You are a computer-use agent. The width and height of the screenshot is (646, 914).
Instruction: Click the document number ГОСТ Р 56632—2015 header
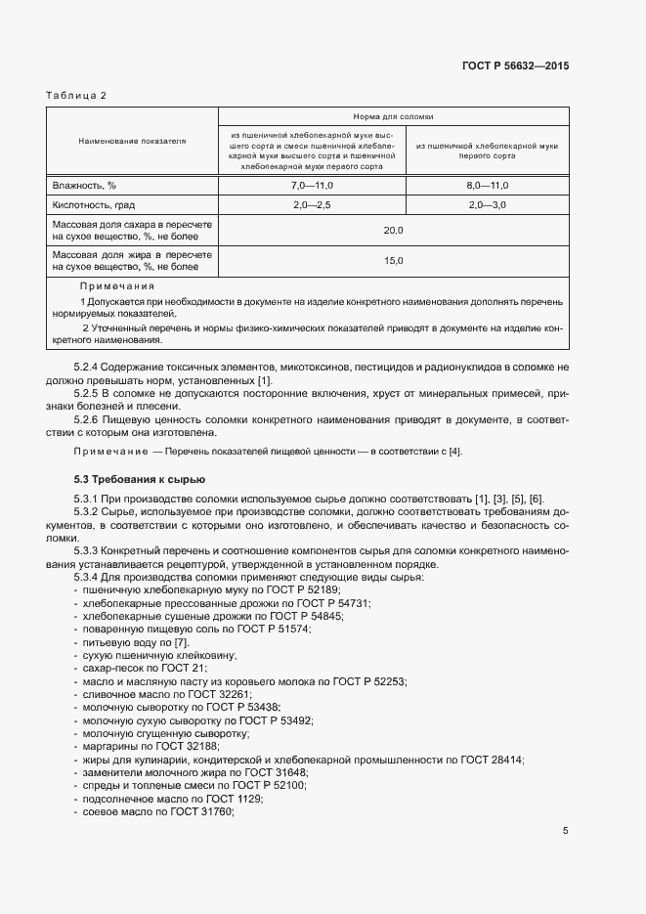click(515, 65)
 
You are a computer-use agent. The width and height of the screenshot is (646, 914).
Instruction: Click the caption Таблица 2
click(76, 95)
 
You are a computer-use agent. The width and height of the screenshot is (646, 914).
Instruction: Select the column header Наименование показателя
click(132, 142)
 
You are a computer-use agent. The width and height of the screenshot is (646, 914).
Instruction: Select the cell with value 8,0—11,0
click(487, 185)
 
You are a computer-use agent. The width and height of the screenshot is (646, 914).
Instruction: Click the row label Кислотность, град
click(93, 206)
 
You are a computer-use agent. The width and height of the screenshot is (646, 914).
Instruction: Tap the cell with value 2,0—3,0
click(487, 206)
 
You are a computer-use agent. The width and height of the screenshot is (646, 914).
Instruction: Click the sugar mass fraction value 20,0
click(393, 230)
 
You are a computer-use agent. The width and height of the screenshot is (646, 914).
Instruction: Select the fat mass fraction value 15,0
click(393, 260)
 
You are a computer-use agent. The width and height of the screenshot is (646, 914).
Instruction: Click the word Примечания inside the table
click(117, 286)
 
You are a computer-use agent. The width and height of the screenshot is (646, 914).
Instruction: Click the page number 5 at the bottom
click(565, 831)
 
